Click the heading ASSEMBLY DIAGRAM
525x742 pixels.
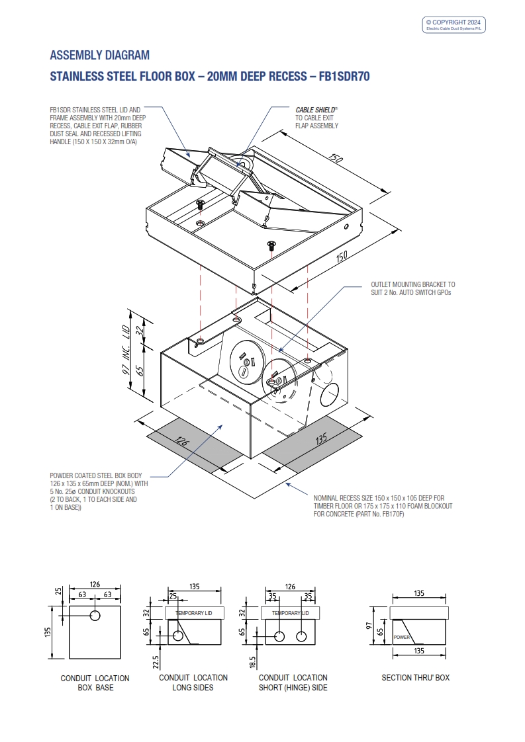100,55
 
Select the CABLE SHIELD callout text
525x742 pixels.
316,117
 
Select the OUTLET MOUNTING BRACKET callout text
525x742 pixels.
412,288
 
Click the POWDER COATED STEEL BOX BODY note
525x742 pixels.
99,491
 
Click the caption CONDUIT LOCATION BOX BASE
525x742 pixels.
95,682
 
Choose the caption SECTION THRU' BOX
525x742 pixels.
416,678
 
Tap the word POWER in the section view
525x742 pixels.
402,638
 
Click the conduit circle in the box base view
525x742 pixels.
95,616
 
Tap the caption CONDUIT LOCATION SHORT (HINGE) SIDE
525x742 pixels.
293,682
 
